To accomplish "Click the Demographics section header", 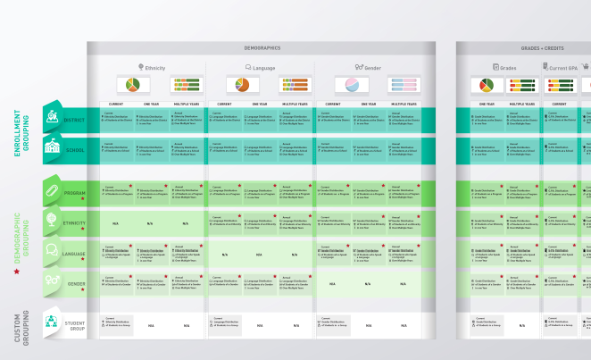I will coord(262,47).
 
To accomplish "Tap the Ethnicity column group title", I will coord(154,67).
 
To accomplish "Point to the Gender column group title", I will coord(369,67).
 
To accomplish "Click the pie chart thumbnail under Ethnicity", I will coord(132,86).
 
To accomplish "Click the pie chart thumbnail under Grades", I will coord(486,86).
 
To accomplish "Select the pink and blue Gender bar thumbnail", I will coord(404,86).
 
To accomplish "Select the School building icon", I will coord(52,149).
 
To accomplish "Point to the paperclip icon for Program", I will coord(52,192).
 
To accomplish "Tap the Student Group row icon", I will coord(52,322).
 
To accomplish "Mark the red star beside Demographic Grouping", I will coord(16,295).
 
